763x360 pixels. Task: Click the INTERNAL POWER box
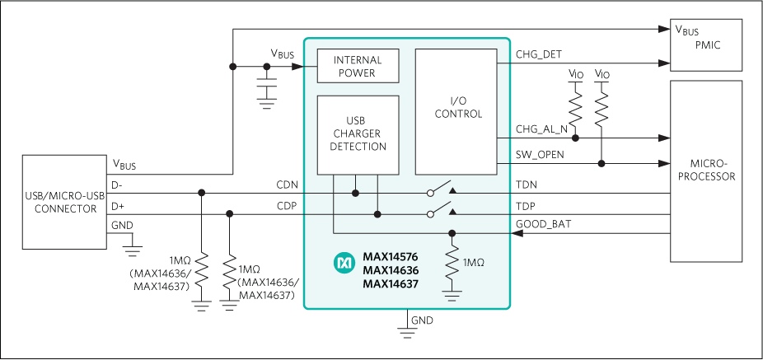click(358, 66)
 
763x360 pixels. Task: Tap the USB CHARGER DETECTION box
click(358, 134)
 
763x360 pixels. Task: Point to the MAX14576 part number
click(391, 256)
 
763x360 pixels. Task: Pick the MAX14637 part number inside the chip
click(391, 284)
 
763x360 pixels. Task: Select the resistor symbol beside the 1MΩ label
click(452, 262)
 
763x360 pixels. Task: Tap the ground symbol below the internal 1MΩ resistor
click(452, 292)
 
